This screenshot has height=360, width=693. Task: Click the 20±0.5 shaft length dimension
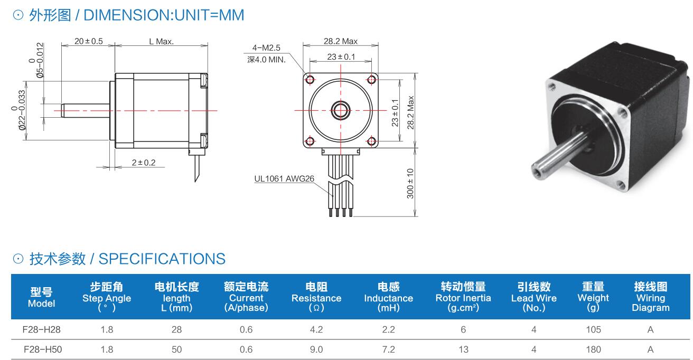click(88, 41)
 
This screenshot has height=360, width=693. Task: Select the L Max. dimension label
click(161, 41)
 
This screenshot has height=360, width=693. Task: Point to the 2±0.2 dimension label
click(144, 163)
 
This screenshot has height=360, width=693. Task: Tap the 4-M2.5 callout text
click(266, 48)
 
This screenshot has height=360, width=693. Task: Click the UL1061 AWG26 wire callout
click(284, 178)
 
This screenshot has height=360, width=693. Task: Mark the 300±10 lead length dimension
click(410, 183)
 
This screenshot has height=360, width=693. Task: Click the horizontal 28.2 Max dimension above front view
click(340, 41)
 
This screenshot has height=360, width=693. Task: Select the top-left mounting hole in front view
click(310, 80)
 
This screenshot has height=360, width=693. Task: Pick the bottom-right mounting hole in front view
click(371, 141)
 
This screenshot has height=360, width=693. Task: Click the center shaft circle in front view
click(340, 110)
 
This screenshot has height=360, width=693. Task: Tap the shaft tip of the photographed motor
click(539, 170)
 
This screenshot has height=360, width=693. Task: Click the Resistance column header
click(316, 297)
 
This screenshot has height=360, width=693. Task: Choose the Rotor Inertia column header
click(463, 297)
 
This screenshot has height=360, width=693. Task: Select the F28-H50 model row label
click(42, 349)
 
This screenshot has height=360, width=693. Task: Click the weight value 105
click(593, 329)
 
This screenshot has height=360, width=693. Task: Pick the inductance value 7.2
click(388, 349)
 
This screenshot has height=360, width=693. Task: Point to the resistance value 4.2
click(316, 329)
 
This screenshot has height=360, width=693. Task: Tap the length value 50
click(176, 349)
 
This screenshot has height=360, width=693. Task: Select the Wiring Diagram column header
click(650, 297)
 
